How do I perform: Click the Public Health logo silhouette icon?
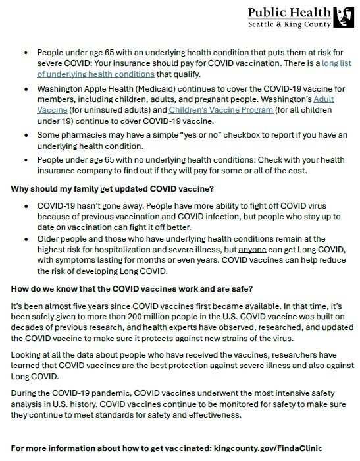coord(346,16)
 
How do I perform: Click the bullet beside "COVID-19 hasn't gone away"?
coord(25,205)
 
